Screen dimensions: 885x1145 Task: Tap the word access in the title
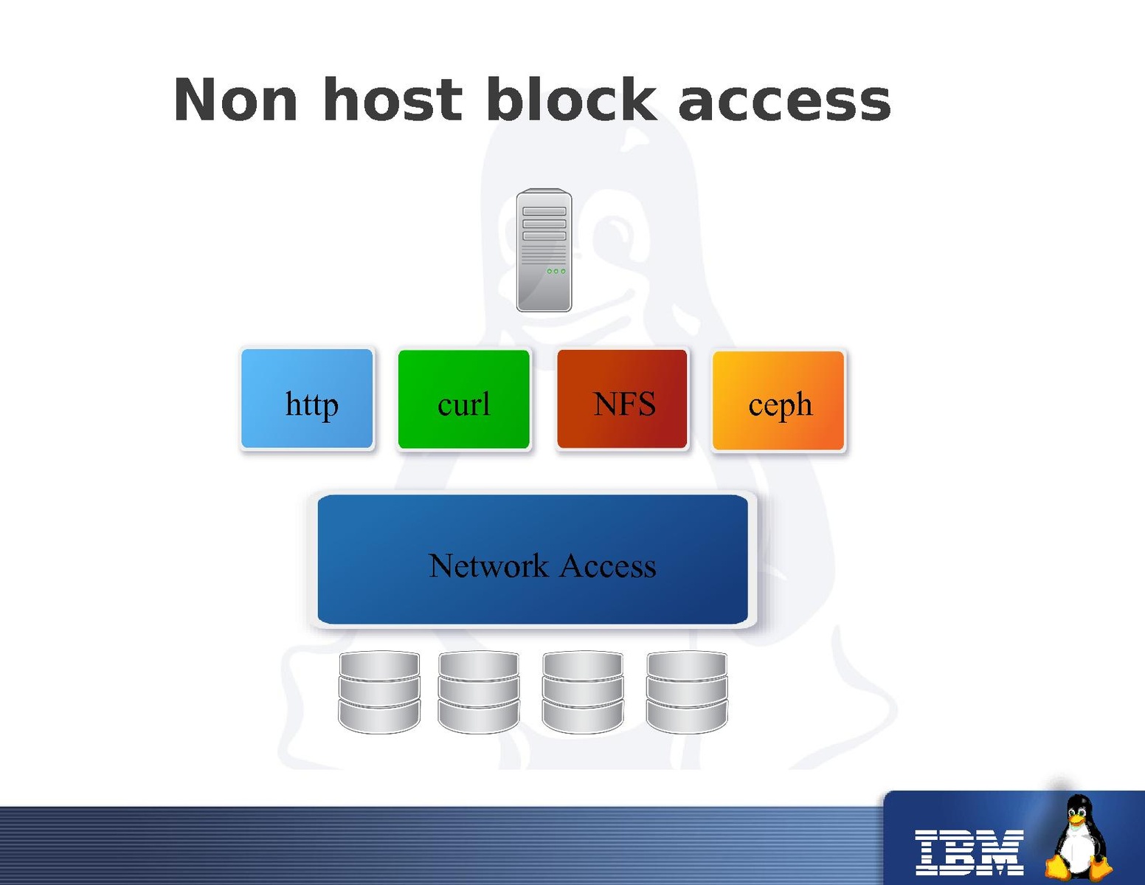pos(783,102)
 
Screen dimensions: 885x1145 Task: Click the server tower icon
pos(544,251)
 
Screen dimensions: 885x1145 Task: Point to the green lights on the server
pos(556,272)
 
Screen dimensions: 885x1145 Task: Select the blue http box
pos(308,399)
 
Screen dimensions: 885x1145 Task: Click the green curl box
pos(464,399)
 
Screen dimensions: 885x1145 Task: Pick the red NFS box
pos(623,399)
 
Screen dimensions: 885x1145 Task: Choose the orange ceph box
pos(779,401)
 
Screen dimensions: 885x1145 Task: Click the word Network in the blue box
pos(488,566)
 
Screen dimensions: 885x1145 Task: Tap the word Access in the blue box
pos(608,566)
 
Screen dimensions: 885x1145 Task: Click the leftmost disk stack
pos(379,692)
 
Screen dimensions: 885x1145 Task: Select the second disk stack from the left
pos(479,692)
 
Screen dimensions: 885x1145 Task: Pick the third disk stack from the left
pos(583,692)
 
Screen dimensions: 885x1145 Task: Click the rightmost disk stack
pos(687,692)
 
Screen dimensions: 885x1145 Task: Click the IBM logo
pos(969,852)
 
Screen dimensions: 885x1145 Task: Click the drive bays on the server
pos(544,224)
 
